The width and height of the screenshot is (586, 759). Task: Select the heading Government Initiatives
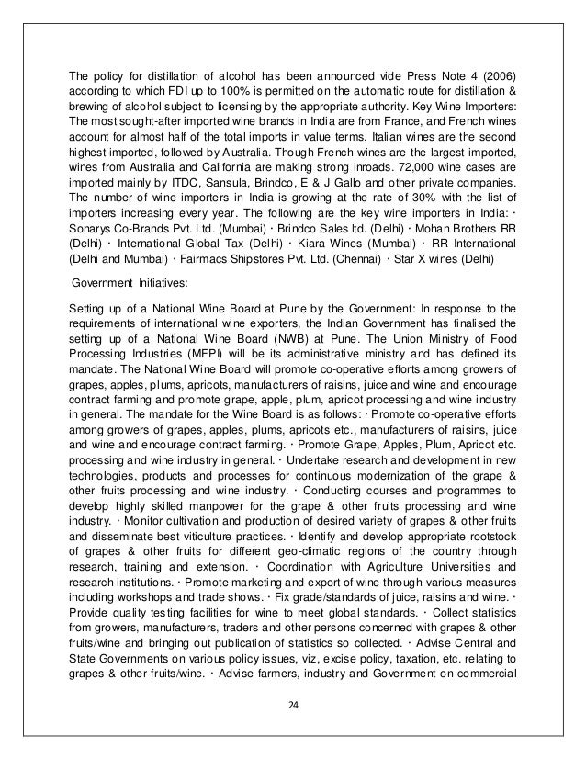131,284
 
